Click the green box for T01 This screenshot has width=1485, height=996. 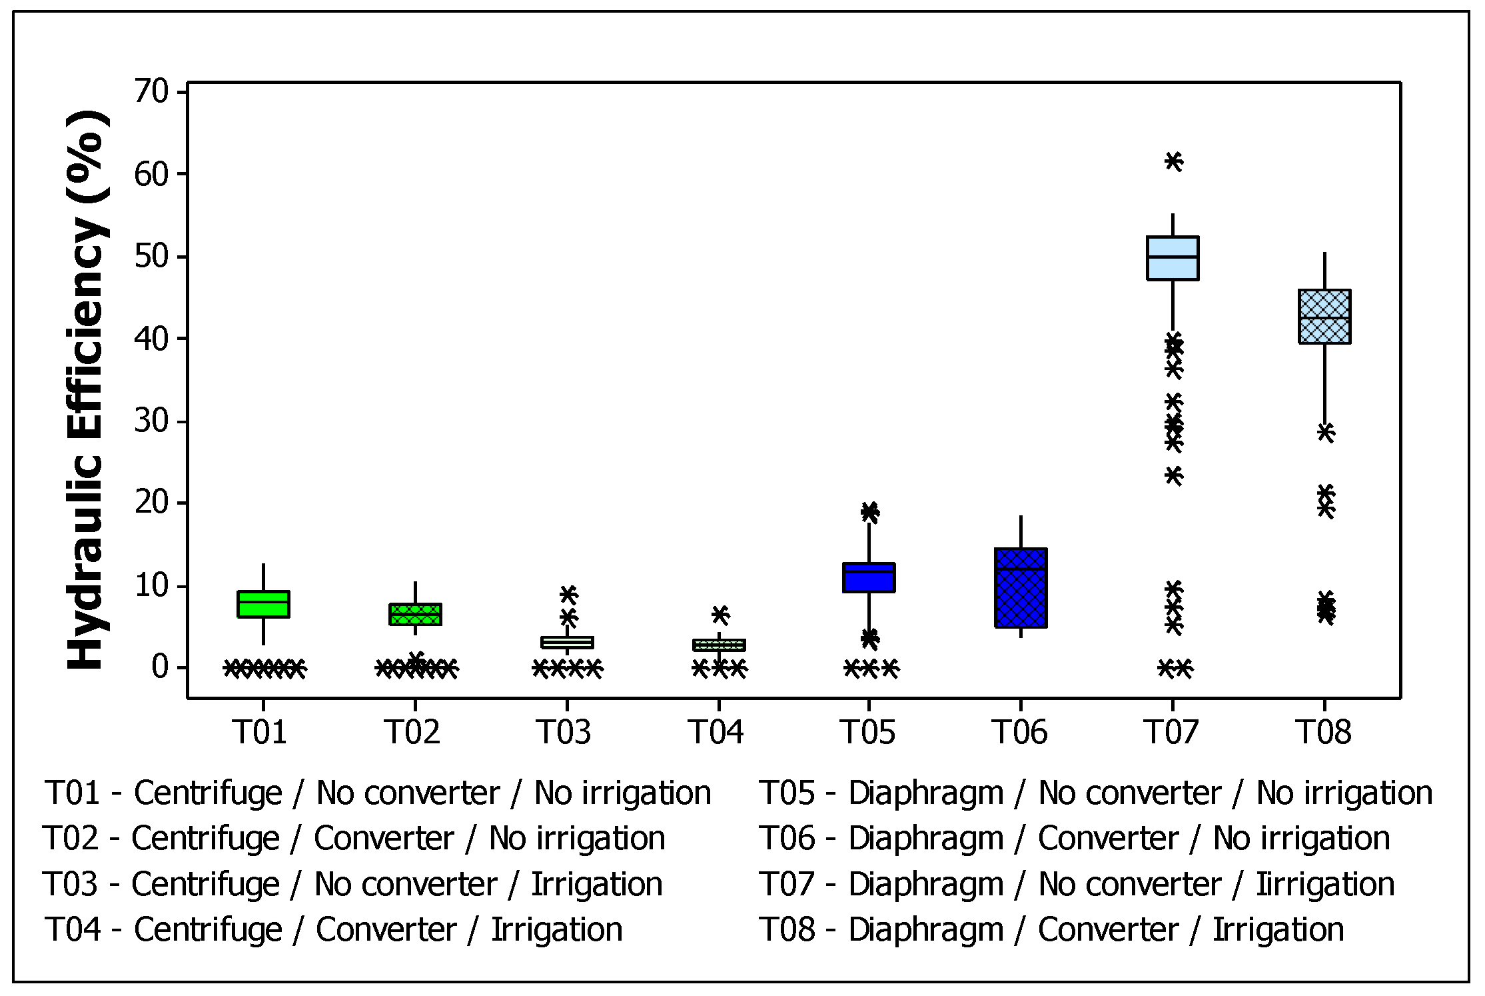(x=263, y=604)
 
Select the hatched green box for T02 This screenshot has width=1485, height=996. (x=415, y=614)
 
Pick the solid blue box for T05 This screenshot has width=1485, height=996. (x=869, y=577)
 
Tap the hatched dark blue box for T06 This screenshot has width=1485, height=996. (x=1021, y=588)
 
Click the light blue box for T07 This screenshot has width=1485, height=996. (x=1173, y=258)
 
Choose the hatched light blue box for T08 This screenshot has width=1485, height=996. (x=1324, y=317)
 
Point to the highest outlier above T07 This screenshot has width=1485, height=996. (x=1173, y=161)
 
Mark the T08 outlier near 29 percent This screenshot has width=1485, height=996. (x=1326, y=433)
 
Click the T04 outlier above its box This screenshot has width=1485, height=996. (x=720, y=614)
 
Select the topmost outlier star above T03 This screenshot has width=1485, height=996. (x=568, y=593)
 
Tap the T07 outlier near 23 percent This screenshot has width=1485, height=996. (x=1173, y=475)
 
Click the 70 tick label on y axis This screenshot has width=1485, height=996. (x=152, y=91)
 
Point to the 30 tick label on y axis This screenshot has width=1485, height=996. (x=152, y=421)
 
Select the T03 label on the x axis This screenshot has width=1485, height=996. (x=564, y=732)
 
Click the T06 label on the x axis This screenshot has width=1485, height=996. (x=1019, y=732)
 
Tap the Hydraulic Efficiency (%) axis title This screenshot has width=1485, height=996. (x=87, y=390)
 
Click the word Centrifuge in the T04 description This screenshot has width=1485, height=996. (x=208, y=930)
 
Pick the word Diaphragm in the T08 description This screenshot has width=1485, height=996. (x=925, y=930)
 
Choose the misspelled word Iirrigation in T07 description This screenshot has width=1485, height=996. (x=1325, y=885)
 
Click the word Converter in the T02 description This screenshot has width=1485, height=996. (x=384, y=839)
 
